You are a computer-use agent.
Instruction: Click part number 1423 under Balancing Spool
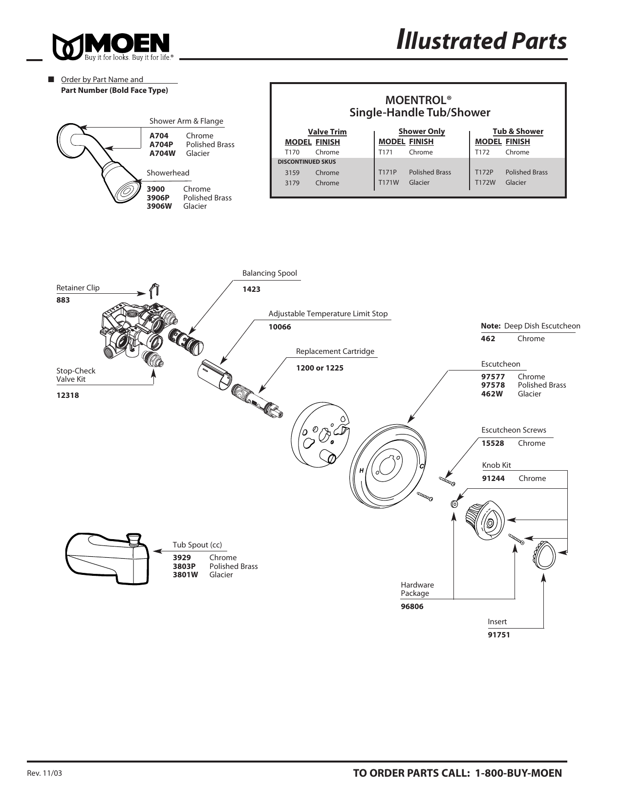(251, 289)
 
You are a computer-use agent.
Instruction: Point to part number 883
(63, 300)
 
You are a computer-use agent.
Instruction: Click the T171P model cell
(387, 172)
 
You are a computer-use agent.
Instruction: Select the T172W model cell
(485, 182)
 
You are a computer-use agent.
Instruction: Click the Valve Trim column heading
(327, 132)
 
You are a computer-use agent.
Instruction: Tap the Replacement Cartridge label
(335, 351)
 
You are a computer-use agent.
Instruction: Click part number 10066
(279, 327)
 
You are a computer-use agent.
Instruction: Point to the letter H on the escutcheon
(362, 470)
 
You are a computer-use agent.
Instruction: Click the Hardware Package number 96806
(412, 607)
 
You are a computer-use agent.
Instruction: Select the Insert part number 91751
(498, 635)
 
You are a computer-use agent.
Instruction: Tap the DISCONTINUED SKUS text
(306, 162)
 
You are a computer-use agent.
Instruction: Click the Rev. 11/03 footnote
(44, 774)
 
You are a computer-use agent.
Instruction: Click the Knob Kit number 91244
(493, 479)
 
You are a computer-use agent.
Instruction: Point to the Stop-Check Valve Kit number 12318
(67, 395)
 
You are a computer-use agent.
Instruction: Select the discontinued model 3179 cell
(292, 183)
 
